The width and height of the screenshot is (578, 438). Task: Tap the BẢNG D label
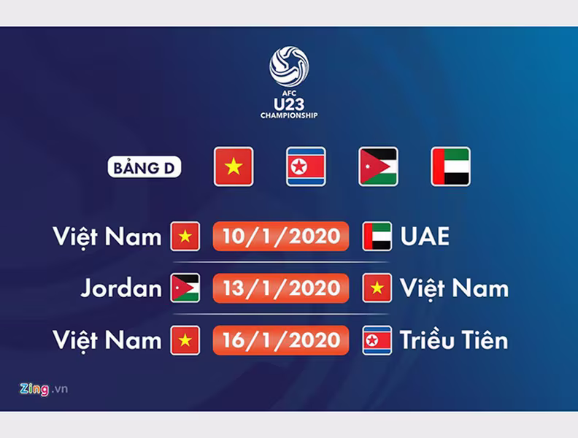coord(144,167)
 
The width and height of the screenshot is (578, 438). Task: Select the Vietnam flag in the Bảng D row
coord(234,166)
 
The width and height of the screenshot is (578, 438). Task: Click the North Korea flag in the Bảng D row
coord(306,166)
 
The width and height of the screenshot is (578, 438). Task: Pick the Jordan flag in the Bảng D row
coord(378,166)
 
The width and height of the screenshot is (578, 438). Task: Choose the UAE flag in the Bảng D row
coord(450,166)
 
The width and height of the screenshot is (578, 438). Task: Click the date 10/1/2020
coord(281,237)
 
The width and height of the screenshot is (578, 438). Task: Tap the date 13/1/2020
coord(281,288)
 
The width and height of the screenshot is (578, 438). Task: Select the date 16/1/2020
coord(281,340)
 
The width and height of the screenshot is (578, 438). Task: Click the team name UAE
coord(425,237)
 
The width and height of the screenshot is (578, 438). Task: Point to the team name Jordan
coord(121,288)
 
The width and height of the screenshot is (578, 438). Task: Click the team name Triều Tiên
coord(454,339)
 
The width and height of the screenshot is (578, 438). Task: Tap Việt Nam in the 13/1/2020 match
coord(455,288)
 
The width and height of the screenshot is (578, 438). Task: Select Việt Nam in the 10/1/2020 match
coord(107,237)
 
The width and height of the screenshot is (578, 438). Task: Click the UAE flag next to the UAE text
coord(377,237)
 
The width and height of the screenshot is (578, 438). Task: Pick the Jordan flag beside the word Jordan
coord(185,288)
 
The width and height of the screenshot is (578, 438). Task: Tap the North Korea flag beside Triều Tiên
coord(377,340)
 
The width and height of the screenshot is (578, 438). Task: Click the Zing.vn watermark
coord(44,389)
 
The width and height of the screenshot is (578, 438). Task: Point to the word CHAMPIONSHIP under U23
coord(289,115)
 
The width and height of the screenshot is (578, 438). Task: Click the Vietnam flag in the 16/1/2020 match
coord(185,340)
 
